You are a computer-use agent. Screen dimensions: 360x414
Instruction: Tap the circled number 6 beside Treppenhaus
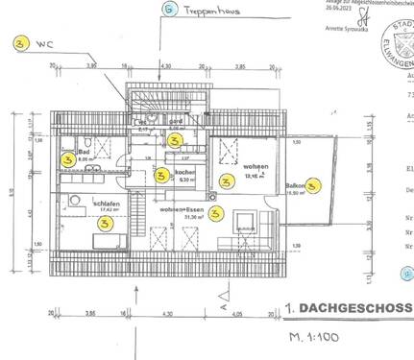click(x=170, y=12)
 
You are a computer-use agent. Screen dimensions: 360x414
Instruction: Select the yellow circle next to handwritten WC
click(x=19, y=43)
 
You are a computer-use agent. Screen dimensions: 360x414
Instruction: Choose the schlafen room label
click(x=105, y=203)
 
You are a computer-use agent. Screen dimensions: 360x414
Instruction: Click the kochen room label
click(x=185, y=172)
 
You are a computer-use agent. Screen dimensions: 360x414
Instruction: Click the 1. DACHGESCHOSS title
click(x=348, y=309)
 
